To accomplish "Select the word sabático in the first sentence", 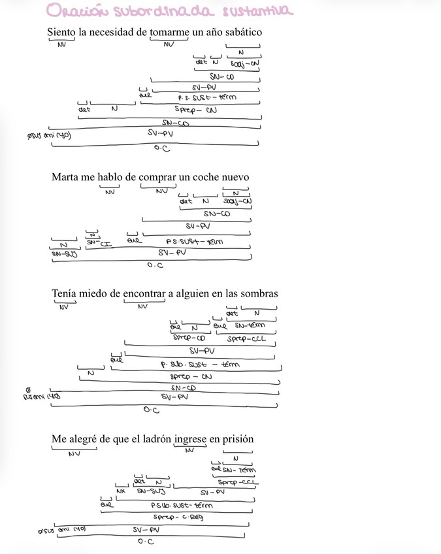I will click(x=242, y=32).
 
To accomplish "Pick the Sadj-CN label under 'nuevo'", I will click(x=237, y=201).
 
